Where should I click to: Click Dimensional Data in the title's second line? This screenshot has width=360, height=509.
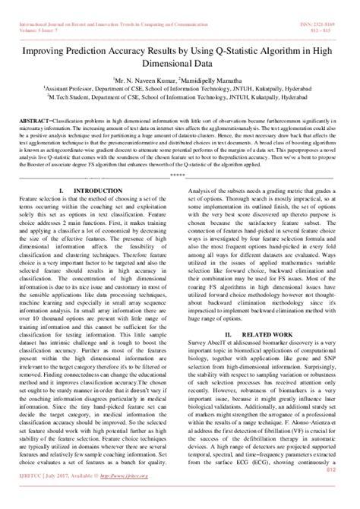(180, 47)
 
